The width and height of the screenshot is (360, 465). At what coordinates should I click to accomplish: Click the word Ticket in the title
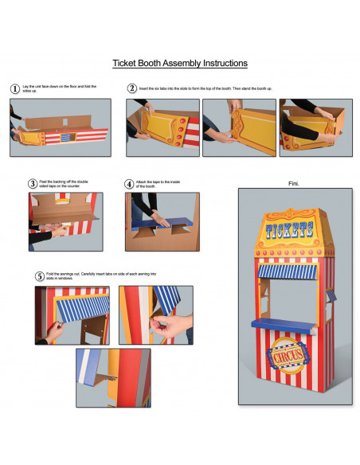click(128, 63)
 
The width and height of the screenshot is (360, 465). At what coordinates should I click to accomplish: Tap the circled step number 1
click(14, 88)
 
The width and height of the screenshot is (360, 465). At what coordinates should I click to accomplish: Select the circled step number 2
click(132, 88)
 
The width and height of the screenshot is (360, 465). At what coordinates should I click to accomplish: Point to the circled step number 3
click(33, 183)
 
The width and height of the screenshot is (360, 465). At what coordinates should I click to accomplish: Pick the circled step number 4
click(129, 183)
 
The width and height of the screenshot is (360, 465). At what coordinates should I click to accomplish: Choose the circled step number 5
click(40, 276)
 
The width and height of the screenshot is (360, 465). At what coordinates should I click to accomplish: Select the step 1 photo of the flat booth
click(60, 127)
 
